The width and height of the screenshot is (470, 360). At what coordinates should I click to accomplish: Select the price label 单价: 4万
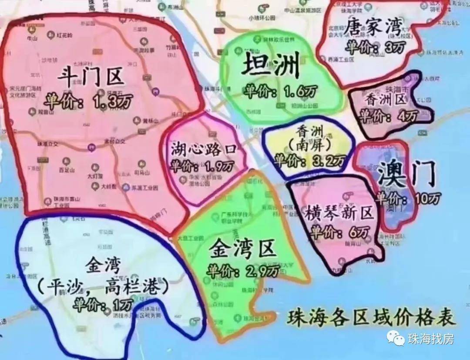[388, 116]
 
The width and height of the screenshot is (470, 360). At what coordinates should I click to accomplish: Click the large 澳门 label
[407, 175]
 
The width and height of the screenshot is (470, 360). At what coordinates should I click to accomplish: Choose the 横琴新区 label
[339, 214]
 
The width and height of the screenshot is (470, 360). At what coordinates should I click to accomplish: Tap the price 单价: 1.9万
[202, 166]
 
